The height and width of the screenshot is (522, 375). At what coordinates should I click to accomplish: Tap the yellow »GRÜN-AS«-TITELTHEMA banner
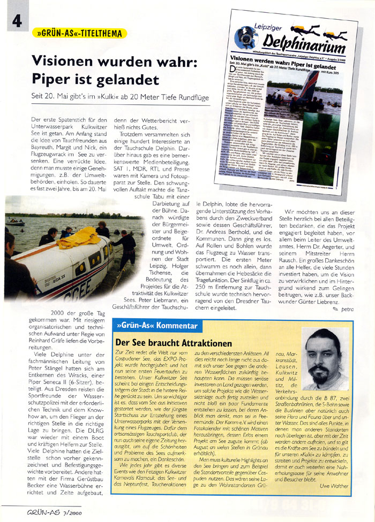(79, 34)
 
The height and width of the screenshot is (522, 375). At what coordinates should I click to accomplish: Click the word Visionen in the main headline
(67, 61)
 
